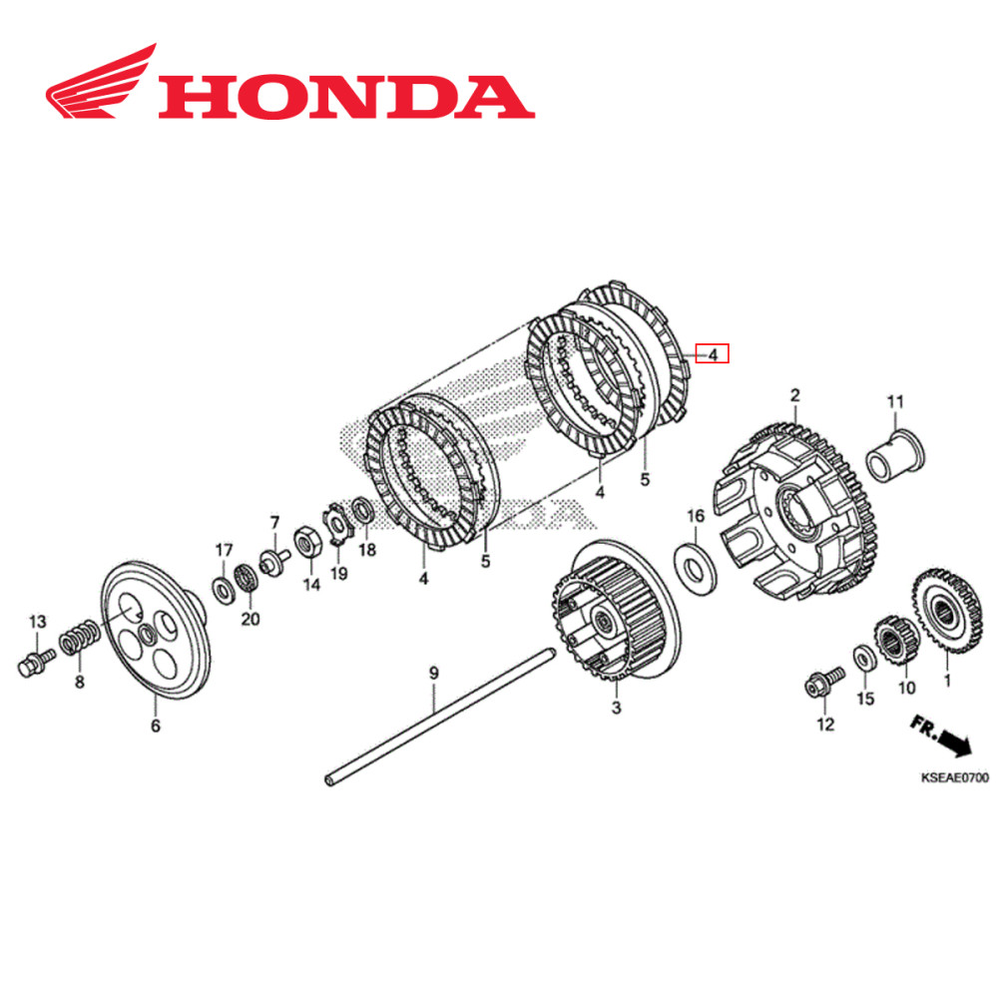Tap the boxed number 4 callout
714,353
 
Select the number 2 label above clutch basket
795,395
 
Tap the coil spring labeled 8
80,638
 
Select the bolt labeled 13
35,661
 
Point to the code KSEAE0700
953,776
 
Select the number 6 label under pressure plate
155,727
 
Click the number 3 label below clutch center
616,708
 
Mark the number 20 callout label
249,619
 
